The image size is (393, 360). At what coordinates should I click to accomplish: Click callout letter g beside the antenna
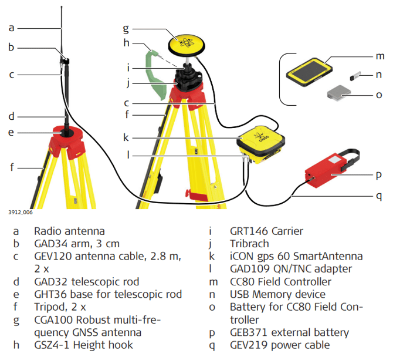pos(126,28)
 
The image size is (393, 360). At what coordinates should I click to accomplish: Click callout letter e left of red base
pos(11,132)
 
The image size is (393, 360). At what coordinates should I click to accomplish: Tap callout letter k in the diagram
pos(126,138)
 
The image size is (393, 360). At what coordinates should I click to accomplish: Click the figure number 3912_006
pos(20,212)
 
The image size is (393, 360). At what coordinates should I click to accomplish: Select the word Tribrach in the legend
pos(249,243)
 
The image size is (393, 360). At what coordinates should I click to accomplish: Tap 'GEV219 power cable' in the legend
pos(279,345)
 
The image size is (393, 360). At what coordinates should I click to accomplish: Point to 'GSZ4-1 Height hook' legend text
pos(83,345)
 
